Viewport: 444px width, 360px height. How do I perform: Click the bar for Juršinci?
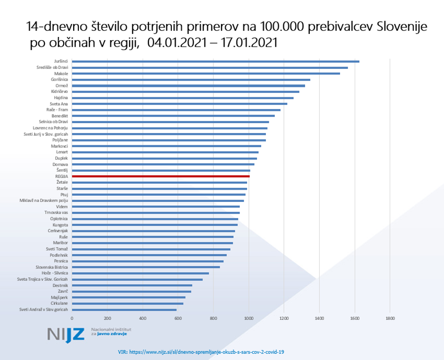[x=215, y=61]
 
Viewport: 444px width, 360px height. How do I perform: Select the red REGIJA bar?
[x=161, y=176]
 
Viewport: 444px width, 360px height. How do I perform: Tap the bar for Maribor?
[x=152, y=243]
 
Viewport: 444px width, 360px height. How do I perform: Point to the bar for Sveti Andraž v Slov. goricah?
[x=124, y=310]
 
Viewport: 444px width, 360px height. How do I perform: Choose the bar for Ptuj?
[x=159, y=194]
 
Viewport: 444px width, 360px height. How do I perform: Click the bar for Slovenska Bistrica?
[x=146, y=267]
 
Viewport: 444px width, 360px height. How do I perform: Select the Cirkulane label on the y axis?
[x=59, y=303]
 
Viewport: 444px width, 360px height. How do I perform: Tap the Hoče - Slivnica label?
[x=54, y=273]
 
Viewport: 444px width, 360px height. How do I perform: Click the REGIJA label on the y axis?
[x=61, y=176]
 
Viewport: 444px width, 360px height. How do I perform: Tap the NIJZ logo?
[x=66, y=334]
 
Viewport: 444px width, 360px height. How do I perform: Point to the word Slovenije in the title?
[x=402, y=28]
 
